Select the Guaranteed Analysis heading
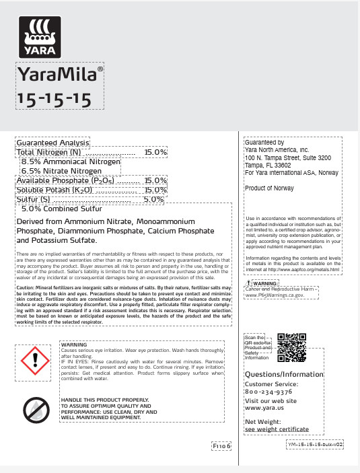(52, 143)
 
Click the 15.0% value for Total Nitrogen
(155, 153)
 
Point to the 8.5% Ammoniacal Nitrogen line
(71, 162)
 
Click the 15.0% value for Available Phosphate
(155, 180)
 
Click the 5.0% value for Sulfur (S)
(154, 199)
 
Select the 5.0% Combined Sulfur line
(62, 209)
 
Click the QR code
(291, 347)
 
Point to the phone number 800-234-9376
(268, 392)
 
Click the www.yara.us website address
(264, 408)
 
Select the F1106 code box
(221, 445)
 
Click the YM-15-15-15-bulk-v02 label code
(315, 445)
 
